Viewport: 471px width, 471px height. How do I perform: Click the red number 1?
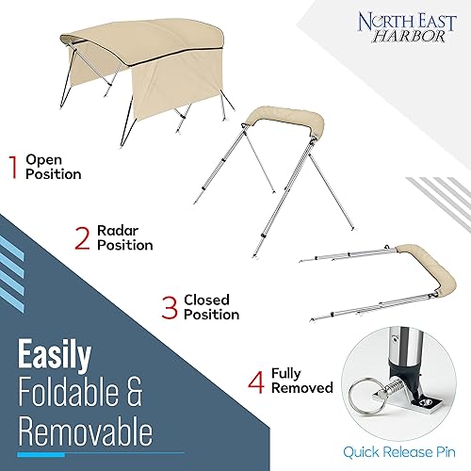(x=13, y=168)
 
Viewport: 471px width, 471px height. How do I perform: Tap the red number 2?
(x=82, y=238)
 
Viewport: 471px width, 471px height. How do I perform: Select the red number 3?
(x=170, y=308)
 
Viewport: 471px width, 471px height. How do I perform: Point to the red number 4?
(x=256, y=382)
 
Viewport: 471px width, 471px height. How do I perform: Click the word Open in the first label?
(x=43, y=161)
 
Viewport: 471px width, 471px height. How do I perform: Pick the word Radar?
(x=118, y=231)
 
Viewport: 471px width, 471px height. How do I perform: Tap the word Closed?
(x=206, y=300)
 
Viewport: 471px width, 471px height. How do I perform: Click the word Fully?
(x=286, y=374)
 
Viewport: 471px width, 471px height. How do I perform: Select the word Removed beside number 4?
(x=302, y=388)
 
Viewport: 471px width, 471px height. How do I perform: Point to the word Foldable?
(x=69, y=392)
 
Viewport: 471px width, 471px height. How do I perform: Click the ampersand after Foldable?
(x=135, y=392)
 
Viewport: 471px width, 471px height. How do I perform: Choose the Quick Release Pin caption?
(x=399, y=452)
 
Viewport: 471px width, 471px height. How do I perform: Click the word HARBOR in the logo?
(x=409, y=37)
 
